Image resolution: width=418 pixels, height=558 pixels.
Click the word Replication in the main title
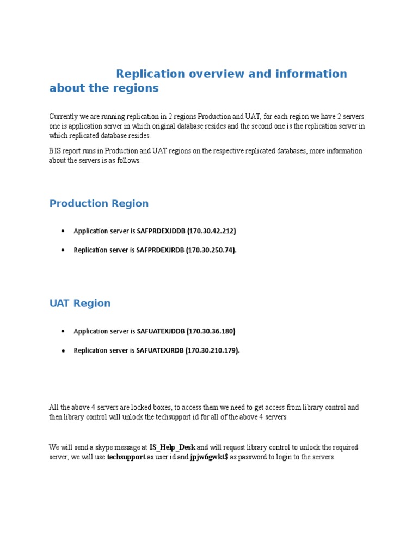[152, 74]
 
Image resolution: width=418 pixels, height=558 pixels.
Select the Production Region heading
[99, 203]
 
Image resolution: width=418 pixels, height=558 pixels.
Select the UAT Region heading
[79, 303]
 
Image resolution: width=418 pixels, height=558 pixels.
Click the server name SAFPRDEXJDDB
[161, 231]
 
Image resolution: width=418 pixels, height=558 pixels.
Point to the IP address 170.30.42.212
[211, 231]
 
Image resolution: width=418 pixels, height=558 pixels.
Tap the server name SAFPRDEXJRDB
[161, 251]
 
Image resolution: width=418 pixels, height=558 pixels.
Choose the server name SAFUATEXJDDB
[161, 331]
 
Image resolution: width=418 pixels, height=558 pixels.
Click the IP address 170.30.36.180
[211, 331]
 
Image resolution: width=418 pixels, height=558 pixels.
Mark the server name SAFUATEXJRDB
[160, 351]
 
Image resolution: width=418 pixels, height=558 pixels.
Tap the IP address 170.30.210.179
[212, 351]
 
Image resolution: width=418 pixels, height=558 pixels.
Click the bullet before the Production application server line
[63, 231]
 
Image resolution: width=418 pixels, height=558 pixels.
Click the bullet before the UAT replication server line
[63, 351]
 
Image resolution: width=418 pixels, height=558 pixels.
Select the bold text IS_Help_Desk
[172, 447]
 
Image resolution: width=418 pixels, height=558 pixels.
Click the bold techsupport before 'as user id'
[126, 457]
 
